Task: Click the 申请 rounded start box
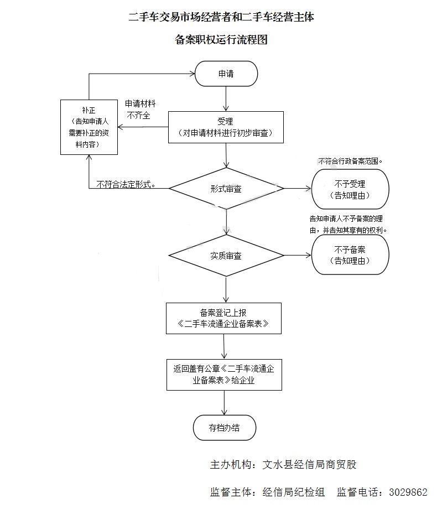click(226, 74)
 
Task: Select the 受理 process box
click(226, 127)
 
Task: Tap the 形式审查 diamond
click(226, 189)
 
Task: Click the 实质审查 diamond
click(226, 256)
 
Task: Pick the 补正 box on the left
click(89, 127)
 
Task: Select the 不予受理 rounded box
click(350, 189)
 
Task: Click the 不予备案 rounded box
click(350, 255)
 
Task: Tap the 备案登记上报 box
click(223, 318)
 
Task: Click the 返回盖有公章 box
click(224, 375)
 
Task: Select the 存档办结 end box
click(224, 428)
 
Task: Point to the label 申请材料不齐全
click(140, 110)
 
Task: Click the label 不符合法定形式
click(125, 184)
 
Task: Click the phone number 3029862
click(408, 492)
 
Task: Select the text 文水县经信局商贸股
click(309, 464)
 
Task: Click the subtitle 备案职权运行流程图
click(221, 39)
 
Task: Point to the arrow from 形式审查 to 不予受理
click(298, 189)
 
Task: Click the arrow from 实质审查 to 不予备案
click(298, 255)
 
